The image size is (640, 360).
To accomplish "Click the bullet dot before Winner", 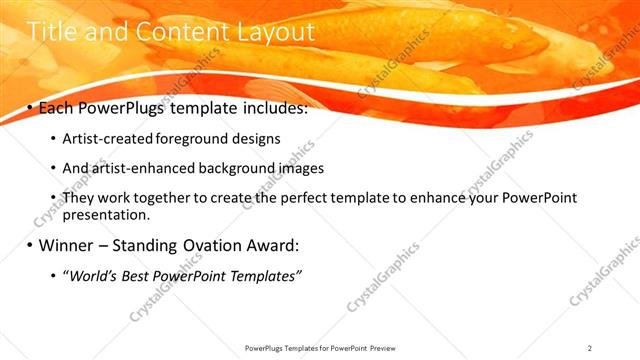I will [x=30, y=246].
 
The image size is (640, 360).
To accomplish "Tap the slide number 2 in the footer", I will [x=590, y=347].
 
